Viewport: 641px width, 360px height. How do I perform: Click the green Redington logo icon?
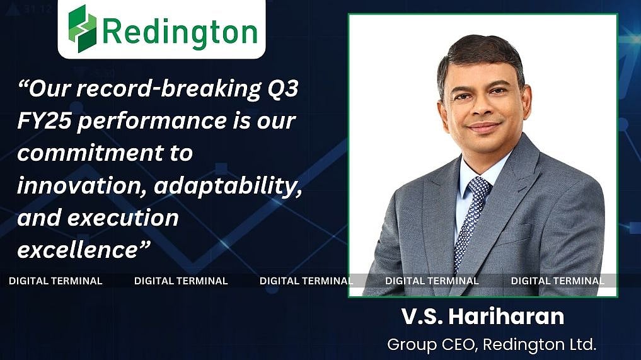(x=82, y=28)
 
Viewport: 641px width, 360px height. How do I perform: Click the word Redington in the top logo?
(x=180, y=30)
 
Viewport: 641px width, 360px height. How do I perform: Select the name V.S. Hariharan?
(x=482, y=317)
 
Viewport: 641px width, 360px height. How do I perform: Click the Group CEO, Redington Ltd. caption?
(x=491, y=345)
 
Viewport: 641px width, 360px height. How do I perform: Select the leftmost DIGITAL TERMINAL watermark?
(x=55, y=281)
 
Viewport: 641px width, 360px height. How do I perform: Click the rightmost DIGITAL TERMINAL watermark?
(x=557, y=281)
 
